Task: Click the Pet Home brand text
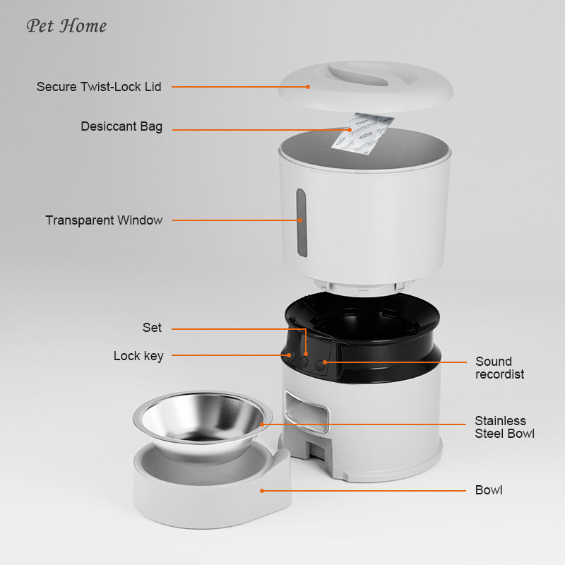pyautogui.click(x=66, y=26)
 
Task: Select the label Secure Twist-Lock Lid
pyautogui.click(x=99, y=87)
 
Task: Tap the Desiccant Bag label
pyautogui.click(x=121, y=127)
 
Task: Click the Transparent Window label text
pyautogui.click(x=104, y=220)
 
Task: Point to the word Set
pyautogui.click(x=152, y=328)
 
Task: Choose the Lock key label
pyautogui.click(x=138, y=356)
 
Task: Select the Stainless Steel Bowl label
pyautogui.click(x=504, y=427)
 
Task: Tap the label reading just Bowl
pyautogui.click(x=489, y=490)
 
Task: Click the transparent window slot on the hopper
pyautogui.click(x=302, y=222)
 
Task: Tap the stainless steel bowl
pyautogui.click(x=202, y=420)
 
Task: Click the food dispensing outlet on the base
pyautogui.click(x=308, y=413)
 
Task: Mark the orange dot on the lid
pyautogui.click(x=309, y=87)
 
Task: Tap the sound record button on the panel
pyautogui.click(x=321, y=363)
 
